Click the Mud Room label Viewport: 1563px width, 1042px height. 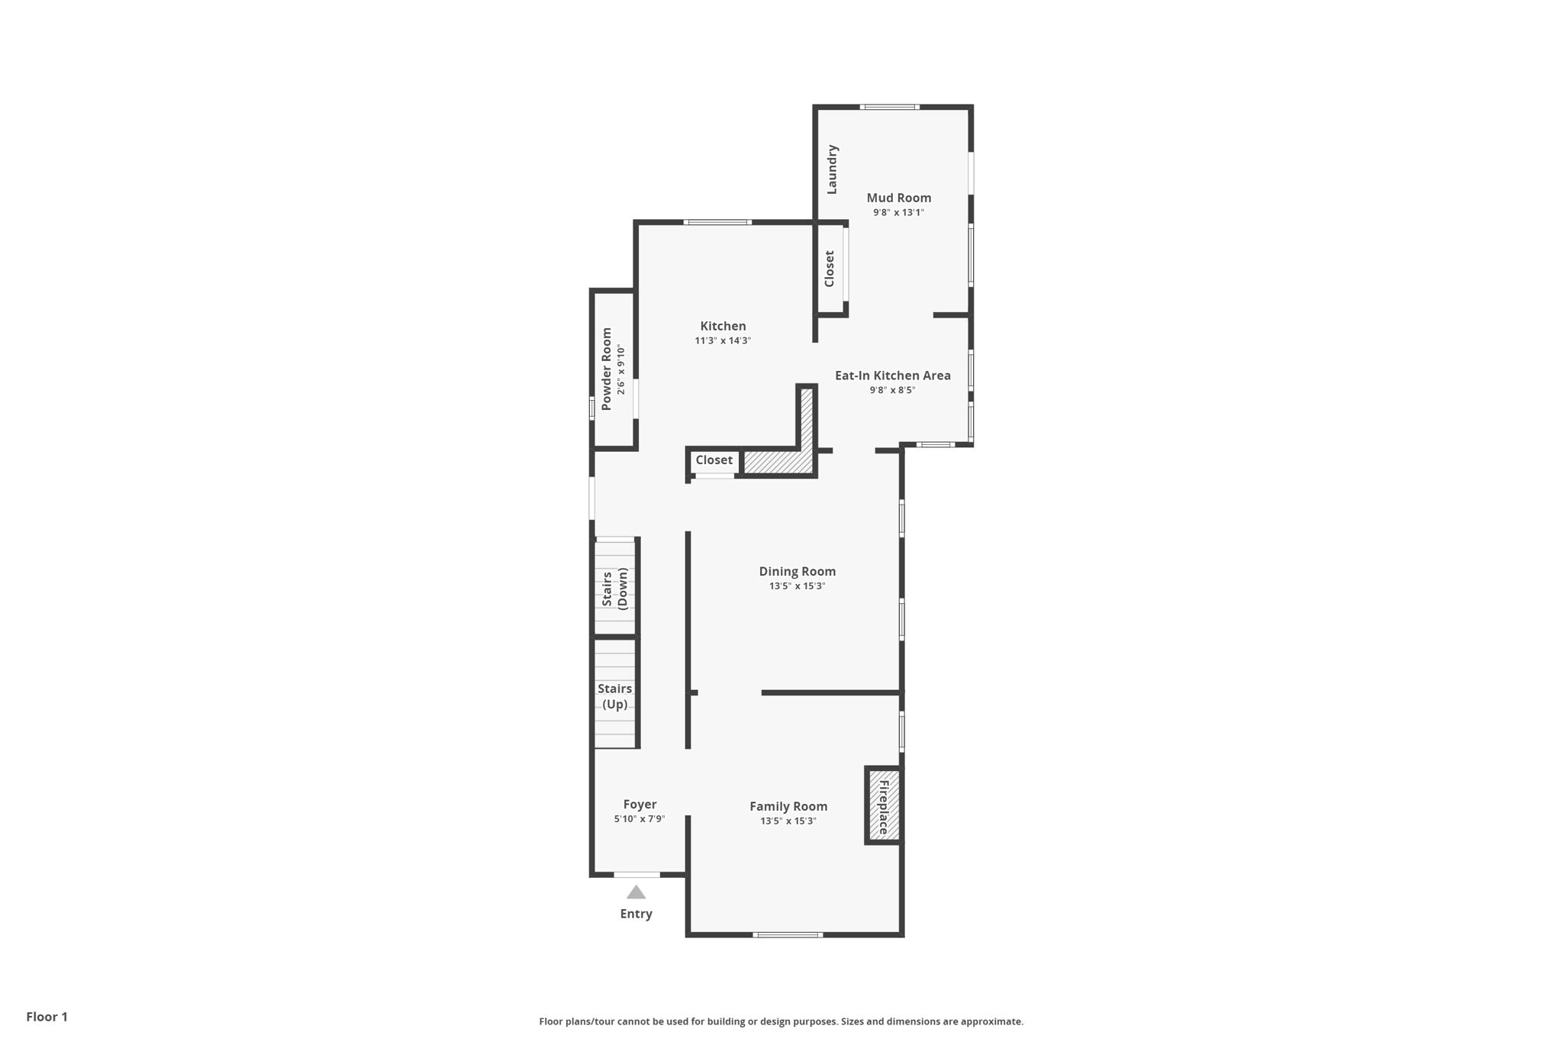898,198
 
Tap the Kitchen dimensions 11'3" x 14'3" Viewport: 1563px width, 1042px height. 723,341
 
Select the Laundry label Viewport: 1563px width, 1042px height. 832,169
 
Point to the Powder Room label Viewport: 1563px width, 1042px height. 607,369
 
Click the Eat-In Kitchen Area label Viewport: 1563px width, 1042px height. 892,376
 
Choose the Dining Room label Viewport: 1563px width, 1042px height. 797,571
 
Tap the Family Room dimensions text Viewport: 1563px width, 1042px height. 788,821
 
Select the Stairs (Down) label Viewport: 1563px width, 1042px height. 614,589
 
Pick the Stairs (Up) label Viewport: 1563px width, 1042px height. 614,696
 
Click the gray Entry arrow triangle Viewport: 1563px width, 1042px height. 636,892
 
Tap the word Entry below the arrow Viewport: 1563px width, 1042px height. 636,914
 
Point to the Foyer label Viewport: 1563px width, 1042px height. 640,804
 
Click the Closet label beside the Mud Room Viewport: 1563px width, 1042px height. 830,269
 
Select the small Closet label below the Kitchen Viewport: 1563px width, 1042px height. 714,460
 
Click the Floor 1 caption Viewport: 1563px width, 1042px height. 47,1017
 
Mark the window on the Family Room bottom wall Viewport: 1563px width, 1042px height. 788,934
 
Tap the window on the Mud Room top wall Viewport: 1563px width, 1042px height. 889,107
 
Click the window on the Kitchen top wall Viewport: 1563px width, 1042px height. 717,222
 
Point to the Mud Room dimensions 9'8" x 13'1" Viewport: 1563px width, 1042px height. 898,213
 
